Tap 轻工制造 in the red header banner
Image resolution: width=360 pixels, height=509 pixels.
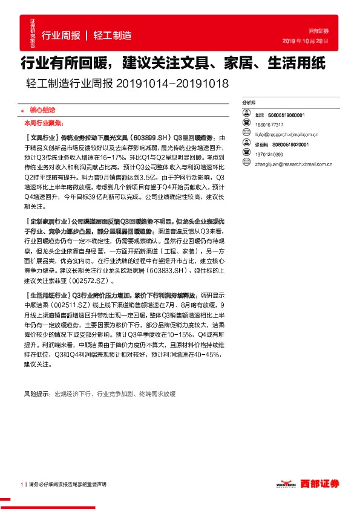[113, 35]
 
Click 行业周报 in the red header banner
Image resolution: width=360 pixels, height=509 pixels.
[61, 35]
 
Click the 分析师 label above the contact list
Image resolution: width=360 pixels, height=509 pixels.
[248, 103]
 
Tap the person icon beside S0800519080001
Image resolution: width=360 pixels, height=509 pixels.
[247, 114]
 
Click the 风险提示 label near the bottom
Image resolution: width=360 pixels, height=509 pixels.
[37, 394]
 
